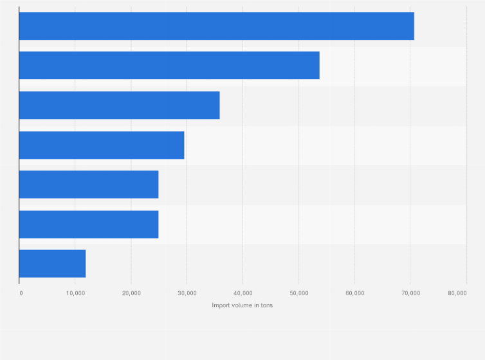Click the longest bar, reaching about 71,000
[216, 26]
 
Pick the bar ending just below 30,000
[102, 145]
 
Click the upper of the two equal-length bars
[89, 184]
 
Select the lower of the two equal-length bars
[89, 224]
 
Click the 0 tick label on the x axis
[21, 293]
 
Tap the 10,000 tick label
[75, 293]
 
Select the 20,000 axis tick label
[131, 293]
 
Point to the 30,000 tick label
[187, 293]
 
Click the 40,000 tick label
[243, 293]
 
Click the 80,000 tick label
[457, 293]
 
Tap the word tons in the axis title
[266, 305]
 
